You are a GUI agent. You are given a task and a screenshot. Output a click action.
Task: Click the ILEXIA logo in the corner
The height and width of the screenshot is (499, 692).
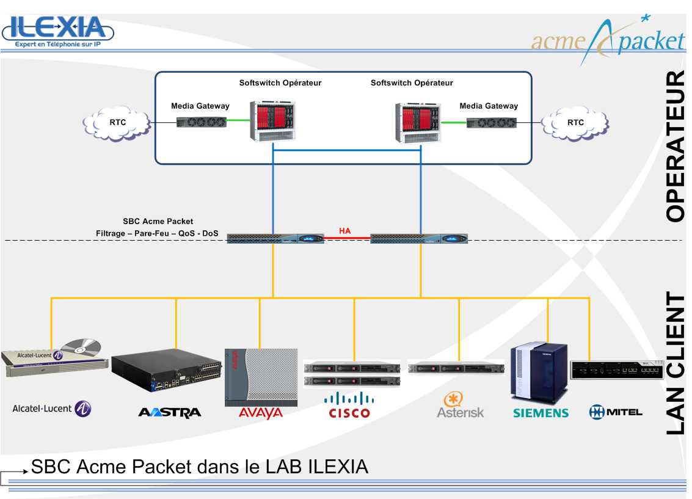58,31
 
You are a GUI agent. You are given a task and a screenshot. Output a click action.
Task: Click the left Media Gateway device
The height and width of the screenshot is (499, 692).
201,122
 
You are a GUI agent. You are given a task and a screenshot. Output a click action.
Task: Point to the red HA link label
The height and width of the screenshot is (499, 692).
345,231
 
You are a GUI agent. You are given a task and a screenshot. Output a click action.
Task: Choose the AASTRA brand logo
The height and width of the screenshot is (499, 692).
169,413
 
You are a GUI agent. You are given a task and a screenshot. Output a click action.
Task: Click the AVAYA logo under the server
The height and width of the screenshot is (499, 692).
261,413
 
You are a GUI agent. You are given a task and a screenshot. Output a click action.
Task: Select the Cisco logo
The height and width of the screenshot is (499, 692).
349,406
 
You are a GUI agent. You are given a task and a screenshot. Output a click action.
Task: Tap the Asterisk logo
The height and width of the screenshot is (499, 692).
460,406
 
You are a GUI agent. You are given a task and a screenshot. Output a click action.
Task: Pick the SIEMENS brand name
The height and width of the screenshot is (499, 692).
541,413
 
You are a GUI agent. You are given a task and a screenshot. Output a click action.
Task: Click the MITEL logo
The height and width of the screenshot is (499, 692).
615,412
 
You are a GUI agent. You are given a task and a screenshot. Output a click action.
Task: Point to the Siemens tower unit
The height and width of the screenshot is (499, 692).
539,372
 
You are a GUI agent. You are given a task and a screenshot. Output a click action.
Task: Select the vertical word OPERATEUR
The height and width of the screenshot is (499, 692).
675,147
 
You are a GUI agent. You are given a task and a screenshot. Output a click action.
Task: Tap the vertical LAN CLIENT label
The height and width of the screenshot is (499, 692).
675,363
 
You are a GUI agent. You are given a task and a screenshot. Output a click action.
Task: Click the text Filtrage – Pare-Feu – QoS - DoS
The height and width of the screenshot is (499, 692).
157,233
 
